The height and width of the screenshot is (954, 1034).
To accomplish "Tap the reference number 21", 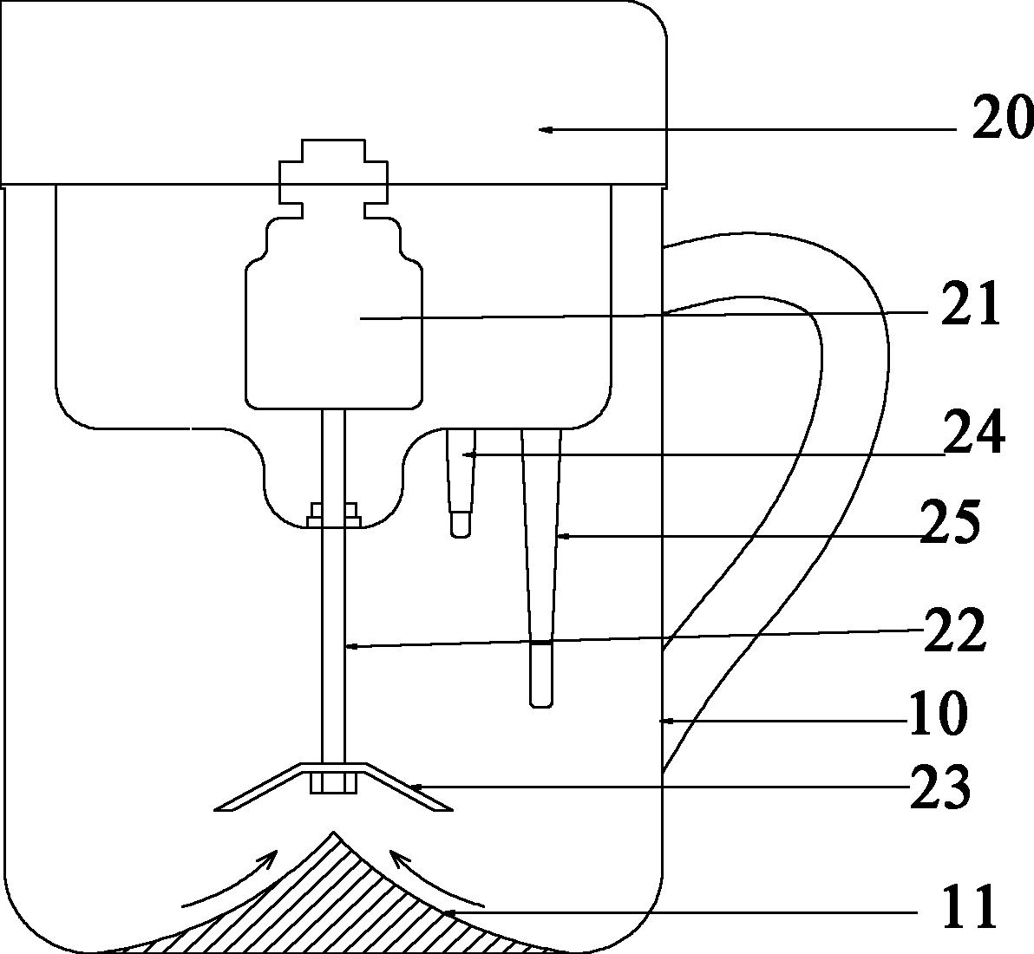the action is coord(971,304).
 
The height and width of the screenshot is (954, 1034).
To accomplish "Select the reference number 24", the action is coord(974,433).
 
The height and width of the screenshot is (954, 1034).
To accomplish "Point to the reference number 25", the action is coord(951,522).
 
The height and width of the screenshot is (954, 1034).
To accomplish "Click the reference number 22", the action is coord(954,630).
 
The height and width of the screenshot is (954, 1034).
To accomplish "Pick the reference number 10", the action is coord(938,714).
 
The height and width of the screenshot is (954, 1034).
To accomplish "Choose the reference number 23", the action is coord(940,787).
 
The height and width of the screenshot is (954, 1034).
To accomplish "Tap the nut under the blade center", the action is coord(334,783).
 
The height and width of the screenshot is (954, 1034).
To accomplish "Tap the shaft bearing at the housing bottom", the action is coord(334,515).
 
